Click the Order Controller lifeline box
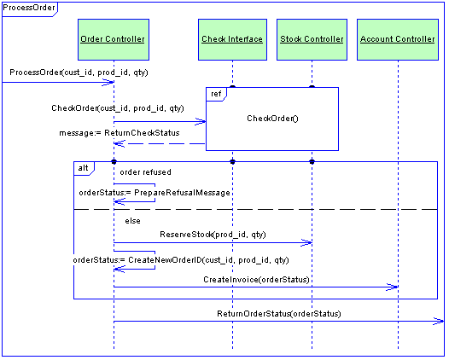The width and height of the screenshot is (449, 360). tap(114, 39)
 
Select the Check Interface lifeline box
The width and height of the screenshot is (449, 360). tap(232, 39)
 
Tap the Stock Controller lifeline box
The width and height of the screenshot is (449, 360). tap(312, 39)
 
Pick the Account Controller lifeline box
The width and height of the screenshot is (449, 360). tap(398, 39)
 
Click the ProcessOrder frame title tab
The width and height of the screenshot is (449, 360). tap(30, 9)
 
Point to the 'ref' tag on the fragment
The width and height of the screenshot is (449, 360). tap(216, 94)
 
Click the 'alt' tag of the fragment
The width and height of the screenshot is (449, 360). tap(84, 168)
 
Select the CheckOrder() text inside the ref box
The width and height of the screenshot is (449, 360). tap(272, 119)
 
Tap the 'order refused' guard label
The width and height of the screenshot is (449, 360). tap(145, 172)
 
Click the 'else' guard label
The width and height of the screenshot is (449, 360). tap(132, 221)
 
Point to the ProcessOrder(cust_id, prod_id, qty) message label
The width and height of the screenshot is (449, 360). tap(79, 73)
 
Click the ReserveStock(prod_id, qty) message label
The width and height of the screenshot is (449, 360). tap(213, 235)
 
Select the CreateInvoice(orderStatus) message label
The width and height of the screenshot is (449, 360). tap(256, 280)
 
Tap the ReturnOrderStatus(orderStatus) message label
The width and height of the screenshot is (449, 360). tap(279, 314)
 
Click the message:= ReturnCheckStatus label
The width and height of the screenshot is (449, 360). tap(120, 133)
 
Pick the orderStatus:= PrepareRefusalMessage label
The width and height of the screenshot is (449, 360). tap(155, 193)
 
